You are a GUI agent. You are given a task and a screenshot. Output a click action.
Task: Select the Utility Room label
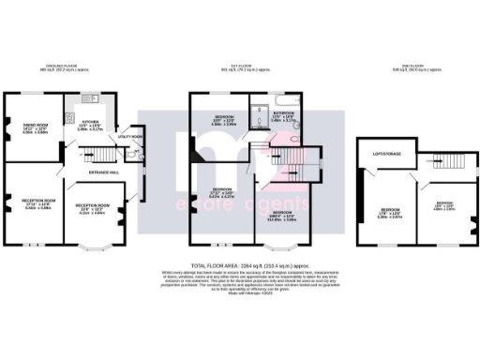coord(129,137)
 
